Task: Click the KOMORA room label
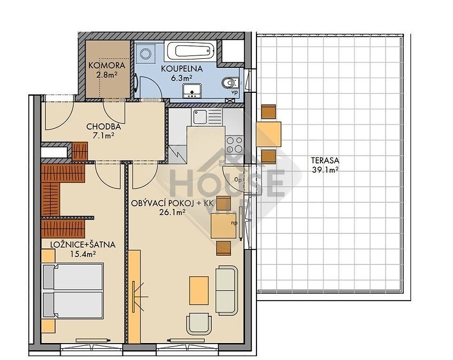[x=106, y=65]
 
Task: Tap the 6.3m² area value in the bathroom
[x=181, y=78]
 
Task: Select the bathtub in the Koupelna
[x=190, y=50]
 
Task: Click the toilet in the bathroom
[x=230, y=83]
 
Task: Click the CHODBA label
[x=103, y=126]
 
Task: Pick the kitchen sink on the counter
[x=200, y=117]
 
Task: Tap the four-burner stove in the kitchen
[x=234, y=145]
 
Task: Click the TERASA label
[x=325, y=161]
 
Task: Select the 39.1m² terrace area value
[x=325, y=170]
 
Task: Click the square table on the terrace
[x=268, y=134]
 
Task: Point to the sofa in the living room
[x=226, y=290]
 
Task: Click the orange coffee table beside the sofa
[x=199, y=290]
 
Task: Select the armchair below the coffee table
[x=199, y=324]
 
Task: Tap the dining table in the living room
[x=223, y=225]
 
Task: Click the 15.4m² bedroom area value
[x=83, y=254]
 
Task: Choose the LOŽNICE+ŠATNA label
[x=83, y=245]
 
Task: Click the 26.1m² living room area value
[x=172, y=212]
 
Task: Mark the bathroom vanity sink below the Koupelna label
[x=192, y=91]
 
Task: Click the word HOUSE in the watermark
[x=227, y=183]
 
